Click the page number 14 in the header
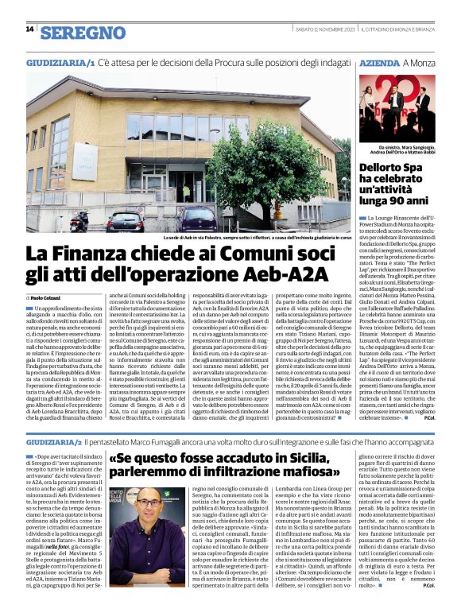click(29, 29)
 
